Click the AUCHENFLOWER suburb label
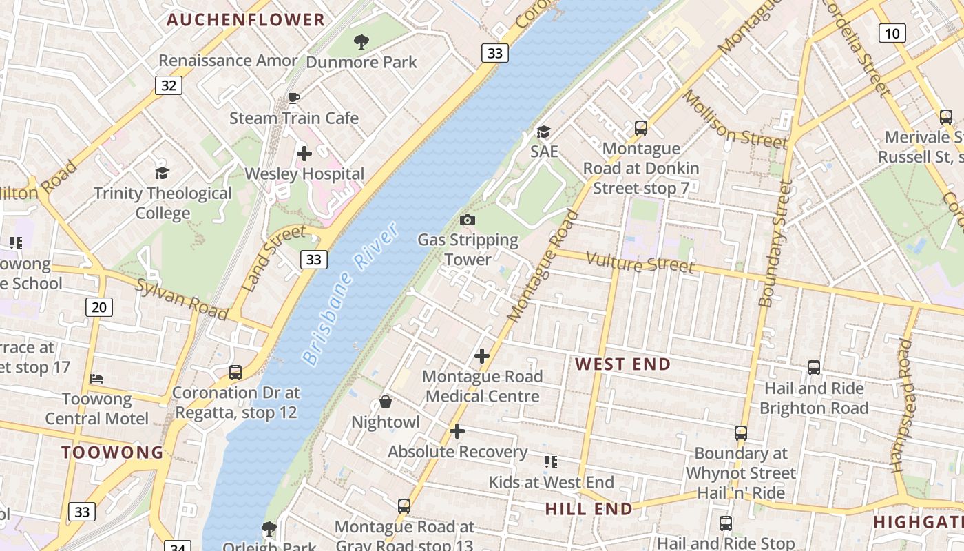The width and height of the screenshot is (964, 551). pyautogui.click(x=245, y=20)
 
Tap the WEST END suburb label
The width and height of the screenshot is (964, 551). pyautogui.click(x=622, y=364)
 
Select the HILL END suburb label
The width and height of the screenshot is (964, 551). pyautogui.click(x=589, y=509)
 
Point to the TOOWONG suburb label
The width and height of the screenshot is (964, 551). pyautogui.click(x=112, y=453)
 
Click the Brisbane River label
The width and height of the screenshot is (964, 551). pyautogui.click(x=350, y=293)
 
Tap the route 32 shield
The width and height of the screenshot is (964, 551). pyautogui.click(x=169, y=85)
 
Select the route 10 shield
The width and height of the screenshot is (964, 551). pyautogui.click(x=892, y=32)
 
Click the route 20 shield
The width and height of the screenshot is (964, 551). pyautogui.click(x=99, y=306)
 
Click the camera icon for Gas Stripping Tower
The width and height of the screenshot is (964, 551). pyautogui.click(x=468, y=220)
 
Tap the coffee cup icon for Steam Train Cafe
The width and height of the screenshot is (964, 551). pyautogui.click(x=294, y=98)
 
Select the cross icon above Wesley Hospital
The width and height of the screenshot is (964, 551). pyautogui.click(x=304, y=154)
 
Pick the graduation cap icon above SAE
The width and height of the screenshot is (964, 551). pyautogui.click(x=544, y=132)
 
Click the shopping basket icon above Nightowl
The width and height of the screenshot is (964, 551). pyautogui.click(x=386, y=402)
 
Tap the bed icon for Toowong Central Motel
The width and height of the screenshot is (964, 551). pyautogui.click(x=96, y=379)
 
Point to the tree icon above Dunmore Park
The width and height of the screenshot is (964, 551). pyautogui.click(x=361, y=42)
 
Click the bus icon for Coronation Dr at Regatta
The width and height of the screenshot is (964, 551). pyautogui.click(x=235, y=373)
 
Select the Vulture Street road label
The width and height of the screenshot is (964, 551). pyautogui.click(x=640, y=262)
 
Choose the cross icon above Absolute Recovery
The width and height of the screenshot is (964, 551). pyautogui.click(x=457, y=431)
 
